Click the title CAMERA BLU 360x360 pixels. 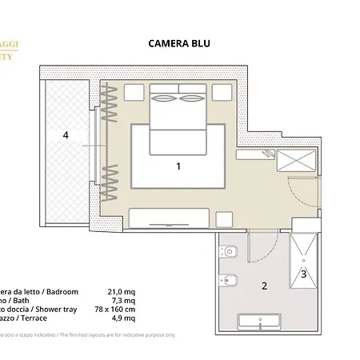[x=179, y=46]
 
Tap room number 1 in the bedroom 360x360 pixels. [x=178, y=166]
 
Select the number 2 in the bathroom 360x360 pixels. [x=265, y=285]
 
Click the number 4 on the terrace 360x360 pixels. [x=66, y=135]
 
